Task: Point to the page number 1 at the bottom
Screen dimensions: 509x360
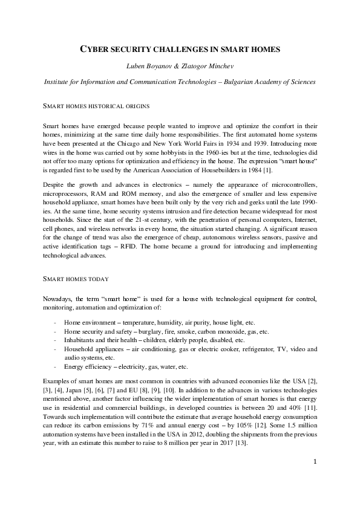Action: pyautogui.click(x=315, y=479)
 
